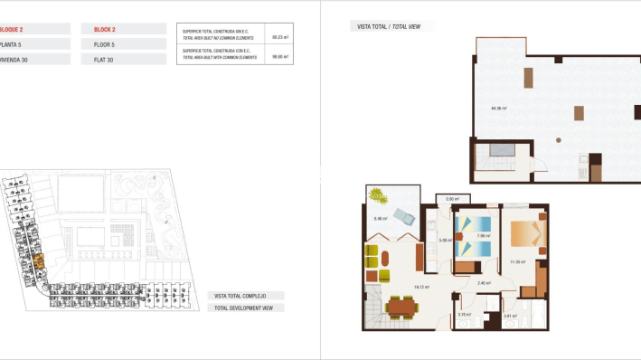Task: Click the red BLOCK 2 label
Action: [105, 29]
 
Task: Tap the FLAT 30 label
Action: [104, 60]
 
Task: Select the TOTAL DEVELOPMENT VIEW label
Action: [245, 308]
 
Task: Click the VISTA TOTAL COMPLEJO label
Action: [245, 296]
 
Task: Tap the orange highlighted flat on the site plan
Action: [39, 263]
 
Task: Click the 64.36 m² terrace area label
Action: [498, 109]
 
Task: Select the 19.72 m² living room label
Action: [420, 287]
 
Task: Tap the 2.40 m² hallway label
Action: [484, 282]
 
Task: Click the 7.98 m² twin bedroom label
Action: [484, 237]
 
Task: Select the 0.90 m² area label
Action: [453, 199]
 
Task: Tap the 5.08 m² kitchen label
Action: [444, 241]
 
